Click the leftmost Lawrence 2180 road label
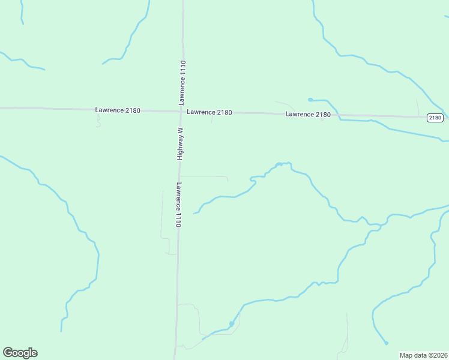(118, 110)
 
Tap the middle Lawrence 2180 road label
(209, 112)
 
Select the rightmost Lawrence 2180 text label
(308, 114)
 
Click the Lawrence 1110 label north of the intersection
(182, 83)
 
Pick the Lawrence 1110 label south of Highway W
(178, 204)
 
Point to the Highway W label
(179, 143)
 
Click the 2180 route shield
(435, 118)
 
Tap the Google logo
(20, 353)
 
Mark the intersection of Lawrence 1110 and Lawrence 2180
(181, 111)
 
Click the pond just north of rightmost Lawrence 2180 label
(310, 100)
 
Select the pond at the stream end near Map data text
(386, 343)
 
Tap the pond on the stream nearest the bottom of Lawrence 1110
(231, 324)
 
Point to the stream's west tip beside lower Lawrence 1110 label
(194, 213)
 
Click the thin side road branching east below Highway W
(204, 176)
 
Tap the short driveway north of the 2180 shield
(418, 106)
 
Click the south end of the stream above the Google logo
(61, 331)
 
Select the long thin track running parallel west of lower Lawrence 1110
(162, 213)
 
